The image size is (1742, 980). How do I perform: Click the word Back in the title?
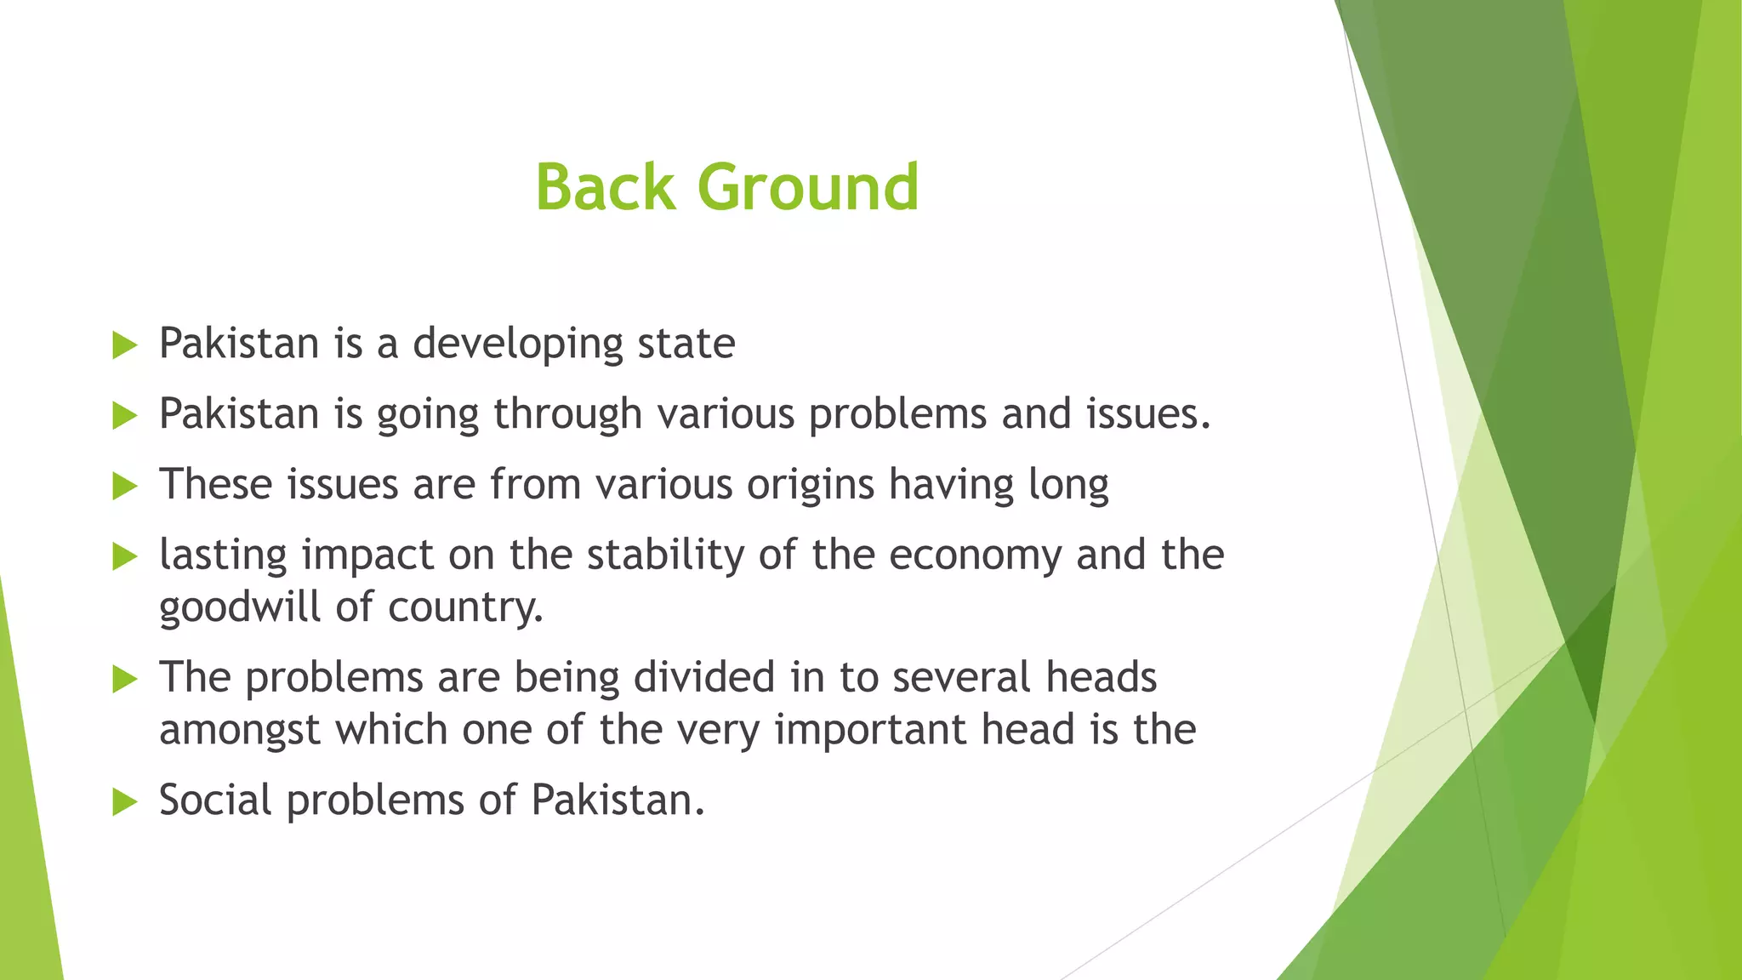[x=605, y=187]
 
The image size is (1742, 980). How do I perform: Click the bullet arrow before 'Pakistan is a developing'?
[x=124, y=345]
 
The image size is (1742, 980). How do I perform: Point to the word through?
[x=567, y=415]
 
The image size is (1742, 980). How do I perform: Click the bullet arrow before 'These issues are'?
[x=124, y=487]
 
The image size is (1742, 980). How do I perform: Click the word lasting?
[x=224, y=556]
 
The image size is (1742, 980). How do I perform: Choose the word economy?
[x=976, y=556]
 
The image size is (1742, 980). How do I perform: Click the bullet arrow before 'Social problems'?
[x=124, y=802]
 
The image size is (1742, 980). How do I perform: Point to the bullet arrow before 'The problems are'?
[x=124, y=679]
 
